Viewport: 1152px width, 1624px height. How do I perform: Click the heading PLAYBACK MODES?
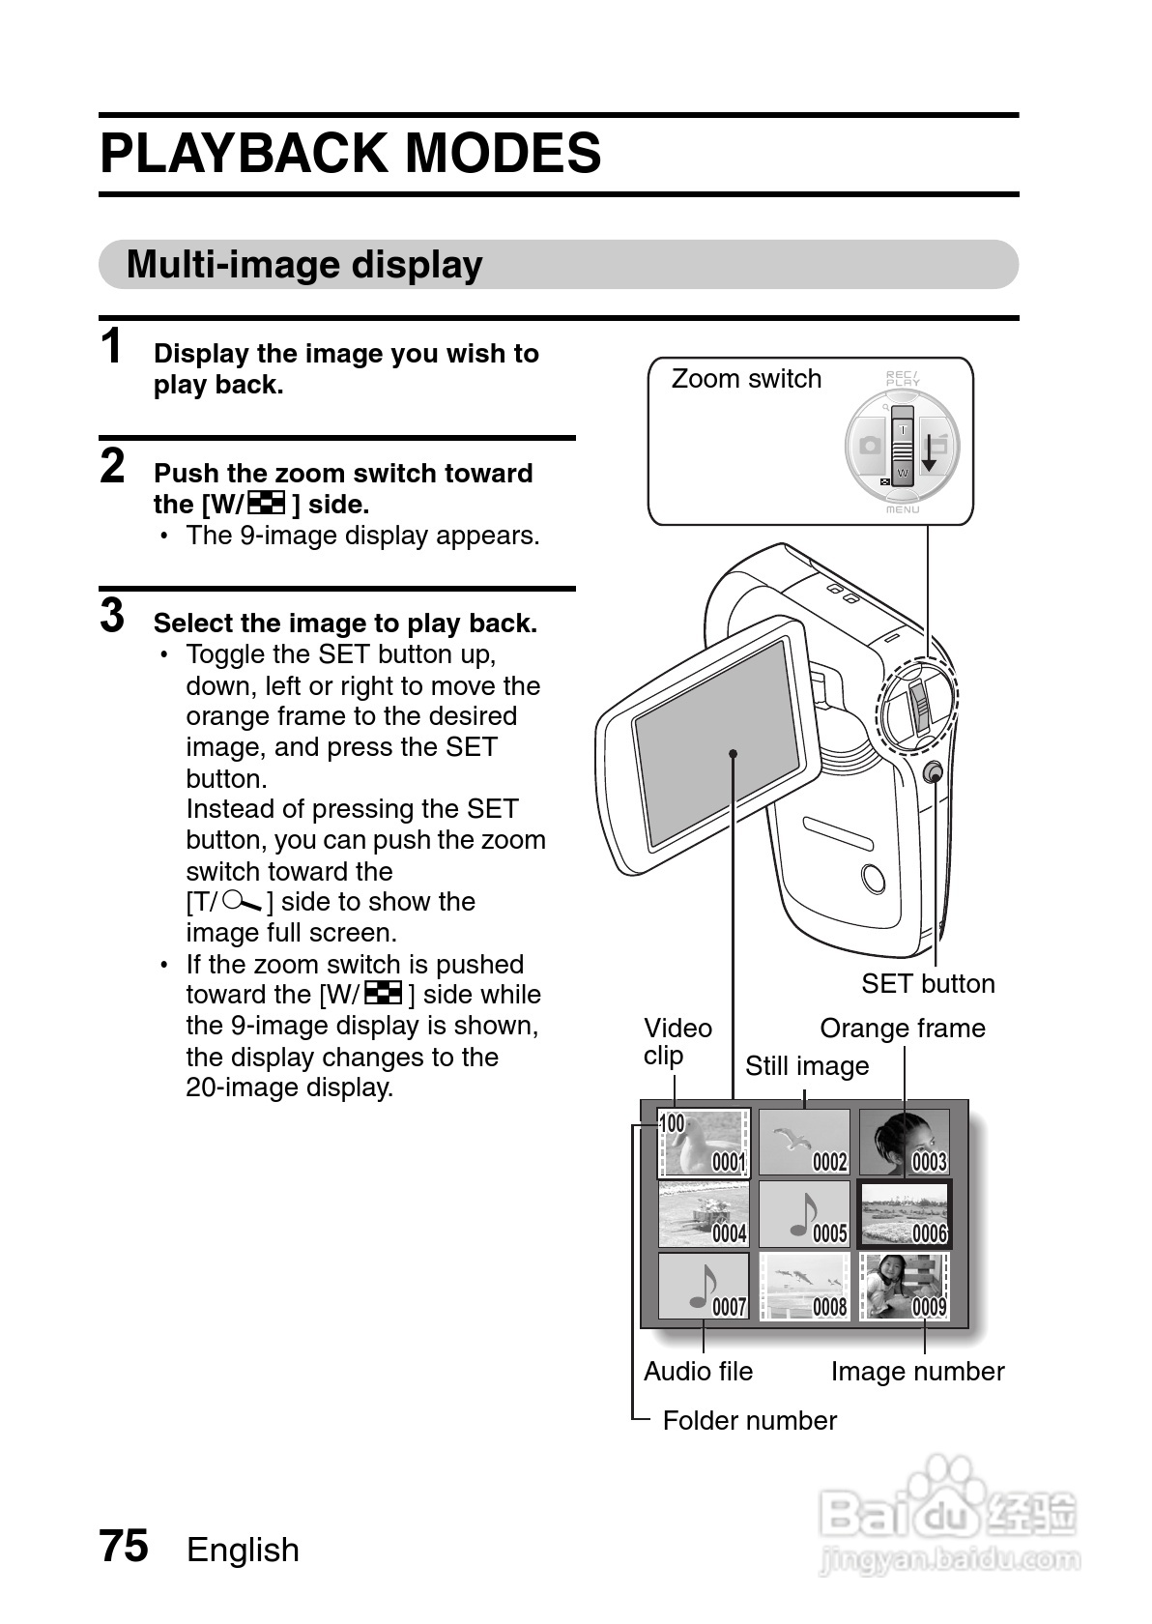[350, 155]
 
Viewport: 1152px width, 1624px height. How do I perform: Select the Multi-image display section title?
[304, 265]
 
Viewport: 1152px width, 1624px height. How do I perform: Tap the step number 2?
[113, 466]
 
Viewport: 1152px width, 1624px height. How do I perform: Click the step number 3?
[113, 616]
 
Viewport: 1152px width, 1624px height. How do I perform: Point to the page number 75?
[124, 1546]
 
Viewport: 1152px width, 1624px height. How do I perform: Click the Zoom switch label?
[746, 379]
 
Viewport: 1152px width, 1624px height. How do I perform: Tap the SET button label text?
[928, 984]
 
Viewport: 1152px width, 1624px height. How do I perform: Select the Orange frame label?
[903, 1029]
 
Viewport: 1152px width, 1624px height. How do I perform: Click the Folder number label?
[749, 1421]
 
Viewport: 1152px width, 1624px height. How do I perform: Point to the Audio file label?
[698, 1372]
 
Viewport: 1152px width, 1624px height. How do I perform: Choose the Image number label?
[917, 1372]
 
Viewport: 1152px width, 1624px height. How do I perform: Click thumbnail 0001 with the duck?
[704, 1143]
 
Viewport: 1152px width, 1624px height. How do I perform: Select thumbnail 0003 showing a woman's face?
[904, 1143]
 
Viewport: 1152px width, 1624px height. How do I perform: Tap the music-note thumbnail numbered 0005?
[804, 1214]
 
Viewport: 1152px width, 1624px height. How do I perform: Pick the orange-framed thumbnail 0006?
[905, 1214]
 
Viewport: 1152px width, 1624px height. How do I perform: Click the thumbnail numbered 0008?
[804, 1287]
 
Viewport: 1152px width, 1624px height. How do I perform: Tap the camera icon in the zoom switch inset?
[869, 446]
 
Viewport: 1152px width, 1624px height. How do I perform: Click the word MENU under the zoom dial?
[903, 509]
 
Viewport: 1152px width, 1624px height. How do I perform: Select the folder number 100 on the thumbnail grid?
[672, 1123]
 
